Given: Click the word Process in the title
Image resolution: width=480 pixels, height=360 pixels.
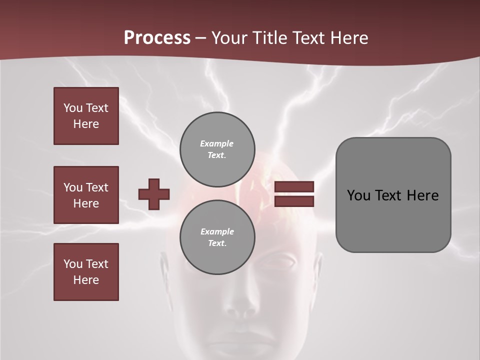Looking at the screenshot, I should (157, 38).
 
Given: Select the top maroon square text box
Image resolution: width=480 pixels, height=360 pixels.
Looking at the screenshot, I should (86, 116).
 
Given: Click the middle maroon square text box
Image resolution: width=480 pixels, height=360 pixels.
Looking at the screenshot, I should (86, 195).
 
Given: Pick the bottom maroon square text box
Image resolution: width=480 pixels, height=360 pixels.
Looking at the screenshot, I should (86, 272).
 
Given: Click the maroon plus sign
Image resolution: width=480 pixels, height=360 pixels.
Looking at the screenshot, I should (154, 194).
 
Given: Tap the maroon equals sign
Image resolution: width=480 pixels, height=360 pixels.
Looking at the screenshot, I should (294, 194).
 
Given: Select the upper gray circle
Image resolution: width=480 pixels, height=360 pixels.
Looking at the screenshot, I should (217, 149).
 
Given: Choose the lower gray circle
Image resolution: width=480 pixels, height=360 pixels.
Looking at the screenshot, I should (217, 237).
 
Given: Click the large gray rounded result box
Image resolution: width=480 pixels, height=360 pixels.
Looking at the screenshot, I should (393, 195).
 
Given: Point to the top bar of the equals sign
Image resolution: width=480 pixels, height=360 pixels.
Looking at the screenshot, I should (294, 187).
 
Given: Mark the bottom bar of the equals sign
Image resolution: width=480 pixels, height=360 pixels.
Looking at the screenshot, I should (294, 201).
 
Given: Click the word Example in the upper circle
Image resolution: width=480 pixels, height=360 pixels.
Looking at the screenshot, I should (216, 143).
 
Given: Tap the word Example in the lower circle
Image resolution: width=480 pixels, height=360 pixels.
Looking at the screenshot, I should (217, 231).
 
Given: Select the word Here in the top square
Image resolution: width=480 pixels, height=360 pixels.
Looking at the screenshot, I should (86, 124).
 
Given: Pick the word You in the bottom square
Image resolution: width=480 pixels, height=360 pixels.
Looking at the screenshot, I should (72, 264).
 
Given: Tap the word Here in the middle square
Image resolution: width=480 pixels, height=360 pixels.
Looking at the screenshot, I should (86, 203).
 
